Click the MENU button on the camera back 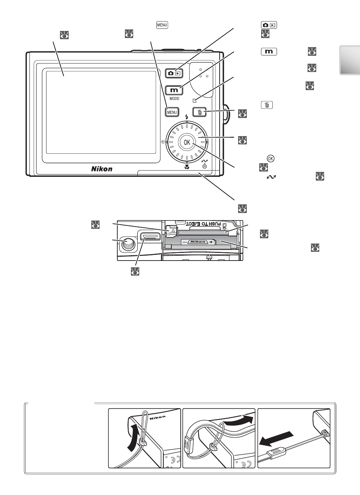click(x=172, y=112)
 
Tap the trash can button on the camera click(x=200, y=112)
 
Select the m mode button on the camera click(x=174, y=90)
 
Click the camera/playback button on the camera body click(x=174, y=73)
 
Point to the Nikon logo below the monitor click(x=102, y=169)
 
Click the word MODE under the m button click(x=174, y=98)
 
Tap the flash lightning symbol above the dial click(x=187, y=117)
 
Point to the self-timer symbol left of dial click(x=163, y=142)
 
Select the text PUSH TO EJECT click(x=203, y=224)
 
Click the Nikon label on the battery click(x=198, y=242)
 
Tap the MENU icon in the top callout click(x=162, y=25)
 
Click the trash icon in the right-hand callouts click(x=267, y=105)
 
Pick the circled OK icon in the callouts click(x=271, y=158)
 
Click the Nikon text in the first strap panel click(x=158, y=418)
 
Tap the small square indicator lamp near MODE click(x=195, y=101)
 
